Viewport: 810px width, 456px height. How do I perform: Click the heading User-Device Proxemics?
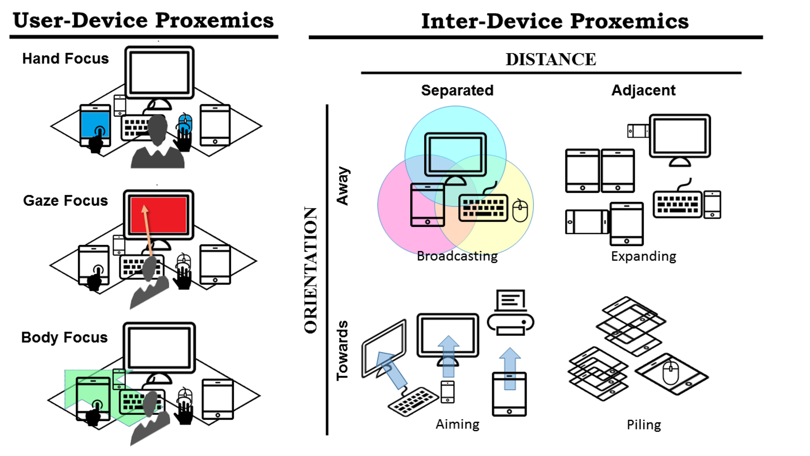pyautogui.click(x=143, y=20)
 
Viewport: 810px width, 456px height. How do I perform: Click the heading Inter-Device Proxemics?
pyautogui.click(x=554, y=21)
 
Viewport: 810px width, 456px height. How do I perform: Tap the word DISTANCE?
pyautogui.click(x=551, y=59)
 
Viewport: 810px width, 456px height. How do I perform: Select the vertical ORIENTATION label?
pyautogui.click(x=311, y=270)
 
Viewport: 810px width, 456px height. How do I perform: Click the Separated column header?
pyautogui.click(x=457, y=90)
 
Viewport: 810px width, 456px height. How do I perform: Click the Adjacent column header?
pyautogui.click(x=643, y=90)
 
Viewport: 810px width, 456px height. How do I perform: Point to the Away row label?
pyautogui.click(x=343, y=186)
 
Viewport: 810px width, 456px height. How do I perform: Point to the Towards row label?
pyautogui.click(x=343, y=350)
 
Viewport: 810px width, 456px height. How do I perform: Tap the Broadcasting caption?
pyautogui.click(x=457, y=256)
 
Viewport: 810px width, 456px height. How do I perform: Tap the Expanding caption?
pyautogui.click(x=644, y=256)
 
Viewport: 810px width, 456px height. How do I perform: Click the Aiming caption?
pyautogui.click(x=457, y=424)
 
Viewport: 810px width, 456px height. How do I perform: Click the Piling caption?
pyautogui.click(x=644, y=424)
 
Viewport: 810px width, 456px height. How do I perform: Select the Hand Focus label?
pyautogui.click(x=65, y=58)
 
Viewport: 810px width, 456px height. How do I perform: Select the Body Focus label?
pyautogui.click(x=64, y=337)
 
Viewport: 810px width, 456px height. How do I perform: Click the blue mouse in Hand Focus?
pyautogui.click(x=185, y=124)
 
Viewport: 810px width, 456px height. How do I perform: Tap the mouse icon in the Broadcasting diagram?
pyautogui.click(x=520, y=211)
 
